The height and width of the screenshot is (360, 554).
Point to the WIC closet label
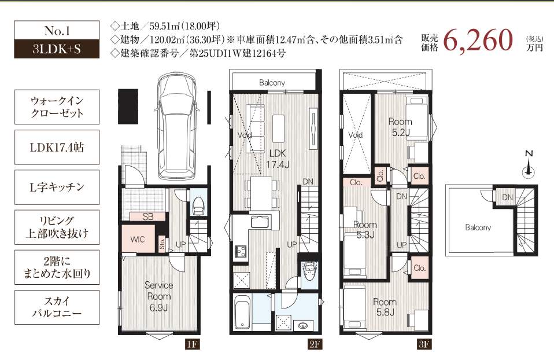[137, 239]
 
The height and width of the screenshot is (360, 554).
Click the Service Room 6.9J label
[158, 296]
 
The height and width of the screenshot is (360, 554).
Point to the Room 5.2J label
[400, 127]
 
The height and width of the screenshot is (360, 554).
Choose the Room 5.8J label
[384, 307]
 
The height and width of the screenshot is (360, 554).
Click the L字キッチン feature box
[57, 188]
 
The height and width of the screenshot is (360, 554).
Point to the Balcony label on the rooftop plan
[478, 227]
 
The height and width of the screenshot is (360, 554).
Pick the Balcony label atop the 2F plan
[272, 83]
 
